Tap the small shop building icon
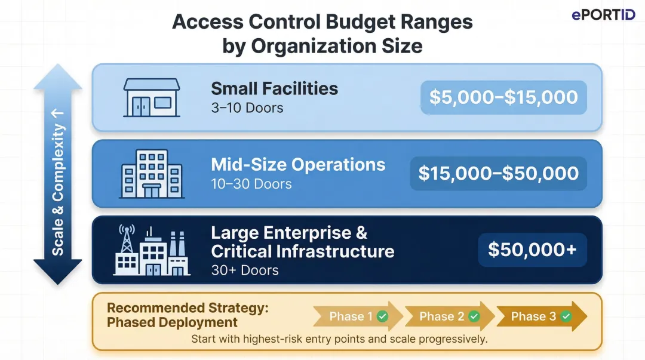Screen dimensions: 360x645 coord(151,97)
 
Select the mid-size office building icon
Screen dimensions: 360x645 coord(151,173)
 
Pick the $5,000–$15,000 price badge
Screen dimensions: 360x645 coord(503,97)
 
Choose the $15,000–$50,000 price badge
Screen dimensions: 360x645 coord(498,173)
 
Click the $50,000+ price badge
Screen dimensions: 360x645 coord(532,250)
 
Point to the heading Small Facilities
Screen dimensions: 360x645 coord(274,89)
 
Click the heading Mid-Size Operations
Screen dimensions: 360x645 coord(298,165)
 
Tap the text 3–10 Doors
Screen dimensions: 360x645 coord(247,108)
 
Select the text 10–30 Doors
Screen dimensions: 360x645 coord(251,184)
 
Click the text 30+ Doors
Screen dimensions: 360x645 coord(244,270)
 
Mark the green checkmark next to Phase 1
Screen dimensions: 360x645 coord(383,316)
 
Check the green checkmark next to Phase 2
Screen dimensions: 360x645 coord(474,316)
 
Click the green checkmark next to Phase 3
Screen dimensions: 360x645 coord(566,316)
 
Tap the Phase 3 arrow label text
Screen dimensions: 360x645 coord(533,316)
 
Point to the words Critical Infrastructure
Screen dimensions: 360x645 coord(302,251)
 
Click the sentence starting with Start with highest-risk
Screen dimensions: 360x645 coord(339,339)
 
